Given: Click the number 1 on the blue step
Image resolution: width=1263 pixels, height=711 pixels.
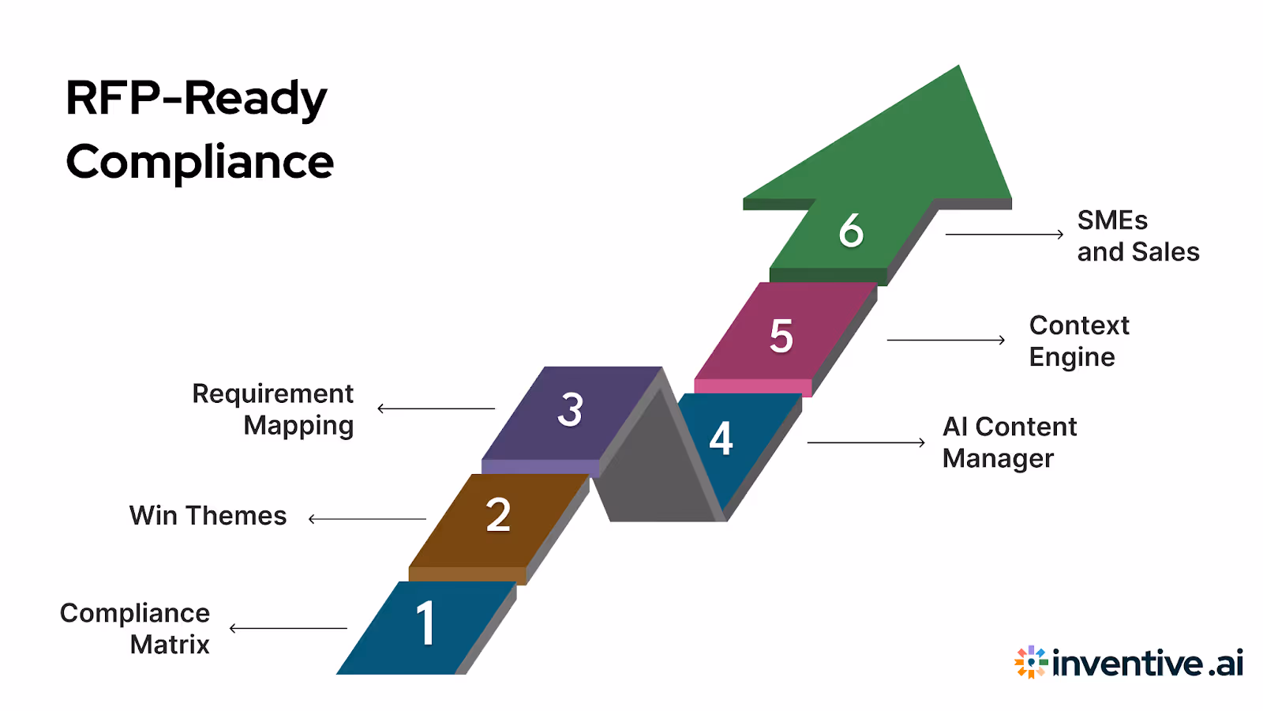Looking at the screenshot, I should (x=425, y=623).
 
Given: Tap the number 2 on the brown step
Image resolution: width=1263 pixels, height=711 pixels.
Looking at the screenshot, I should (x=498, y=515).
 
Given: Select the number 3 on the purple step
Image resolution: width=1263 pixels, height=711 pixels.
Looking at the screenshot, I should (x=570, y=409).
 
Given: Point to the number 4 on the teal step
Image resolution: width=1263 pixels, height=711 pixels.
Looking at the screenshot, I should (x=721, y=438).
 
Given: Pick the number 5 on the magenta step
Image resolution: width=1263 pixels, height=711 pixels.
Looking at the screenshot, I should (x=781, y=336).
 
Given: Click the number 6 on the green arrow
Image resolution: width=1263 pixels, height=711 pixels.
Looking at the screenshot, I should (x=851, y=231).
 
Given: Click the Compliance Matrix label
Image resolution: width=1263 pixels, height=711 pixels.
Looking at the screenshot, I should (x=135, y=629).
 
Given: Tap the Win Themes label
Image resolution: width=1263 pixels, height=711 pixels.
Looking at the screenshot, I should (x=208, y=516).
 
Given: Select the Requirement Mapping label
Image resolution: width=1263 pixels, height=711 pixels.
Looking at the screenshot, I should (x=273, y=409).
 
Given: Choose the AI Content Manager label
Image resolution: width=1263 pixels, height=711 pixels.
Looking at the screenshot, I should (x=1009, y=442).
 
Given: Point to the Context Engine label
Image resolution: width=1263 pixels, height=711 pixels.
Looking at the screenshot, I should (x=1079, y=341).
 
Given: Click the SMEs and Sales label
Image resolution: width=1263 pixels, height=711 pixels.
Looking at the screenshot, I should (x=1137, y=236).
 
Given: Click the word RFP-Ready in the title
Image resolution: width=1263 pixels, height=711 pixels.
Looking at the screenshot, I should (x=196, y=98).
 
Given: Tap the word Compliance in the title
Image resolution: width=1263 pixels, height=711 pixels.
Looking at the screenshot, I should (x=200, y=162).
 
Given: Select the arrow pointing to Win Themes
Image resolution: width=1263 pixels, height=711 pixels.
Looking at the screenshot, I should (x=367, y=519).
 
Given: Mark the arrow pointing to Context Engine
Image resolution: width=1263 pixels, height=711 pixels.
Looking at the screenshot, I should (x=946, y=340).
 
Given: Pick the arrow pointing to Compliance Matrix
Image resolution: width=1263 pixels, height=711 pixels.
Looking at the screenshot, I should (x=288, y=628).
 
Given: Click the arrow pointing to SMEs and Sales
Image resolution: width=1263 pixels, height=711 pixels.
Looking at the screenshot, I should (x=1004, y=234).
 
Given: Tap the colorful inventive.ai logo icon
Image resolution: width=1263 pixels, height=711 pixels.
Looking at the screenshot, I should (x=1031, y=662).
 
